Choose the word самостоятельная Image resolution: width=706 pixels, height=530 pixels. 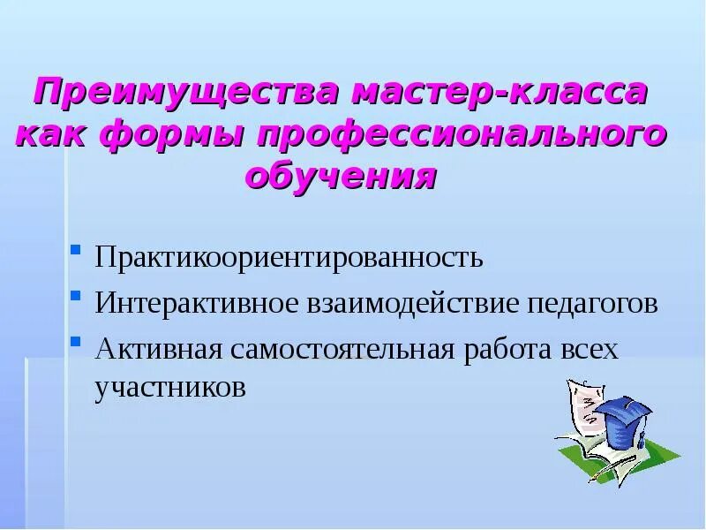coord(341,349)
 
